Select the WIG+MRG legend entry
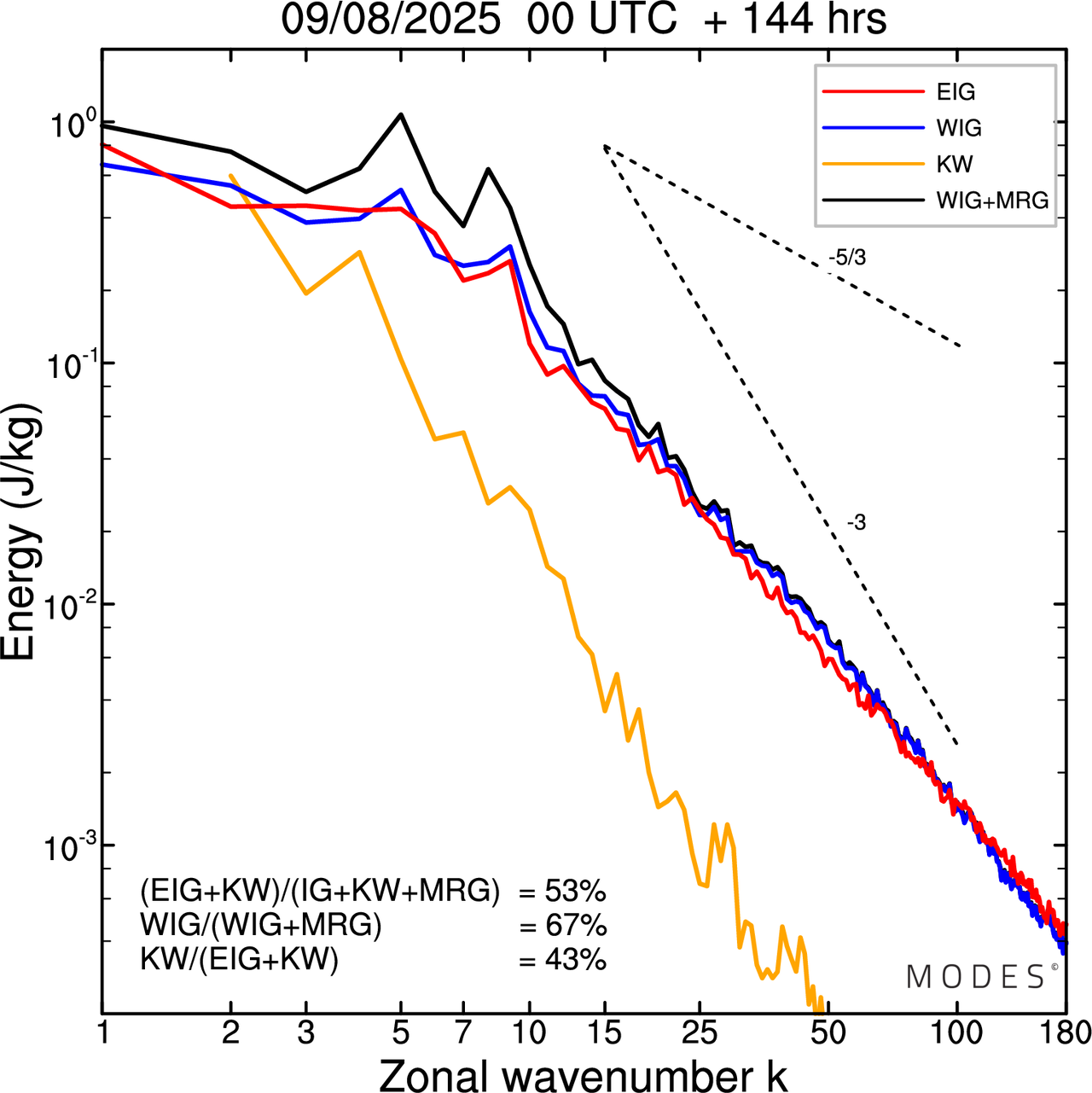point(992,201)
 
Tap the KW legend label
point(955,164)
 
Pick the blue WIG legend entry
point(959,128)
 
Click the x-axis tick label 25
point(700,1033)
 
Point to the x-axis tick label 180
point(1064,1033)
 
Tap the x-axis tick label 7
point(463,1033)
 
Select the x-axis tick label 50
point(828,1033)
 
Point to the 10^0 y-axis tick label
point(68,126)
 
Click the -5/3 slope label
point(847,258)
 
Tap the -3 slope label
point(857,523)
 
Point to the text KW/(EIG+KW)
point(240,960)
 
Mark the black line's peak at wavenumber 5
point(401,114)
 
